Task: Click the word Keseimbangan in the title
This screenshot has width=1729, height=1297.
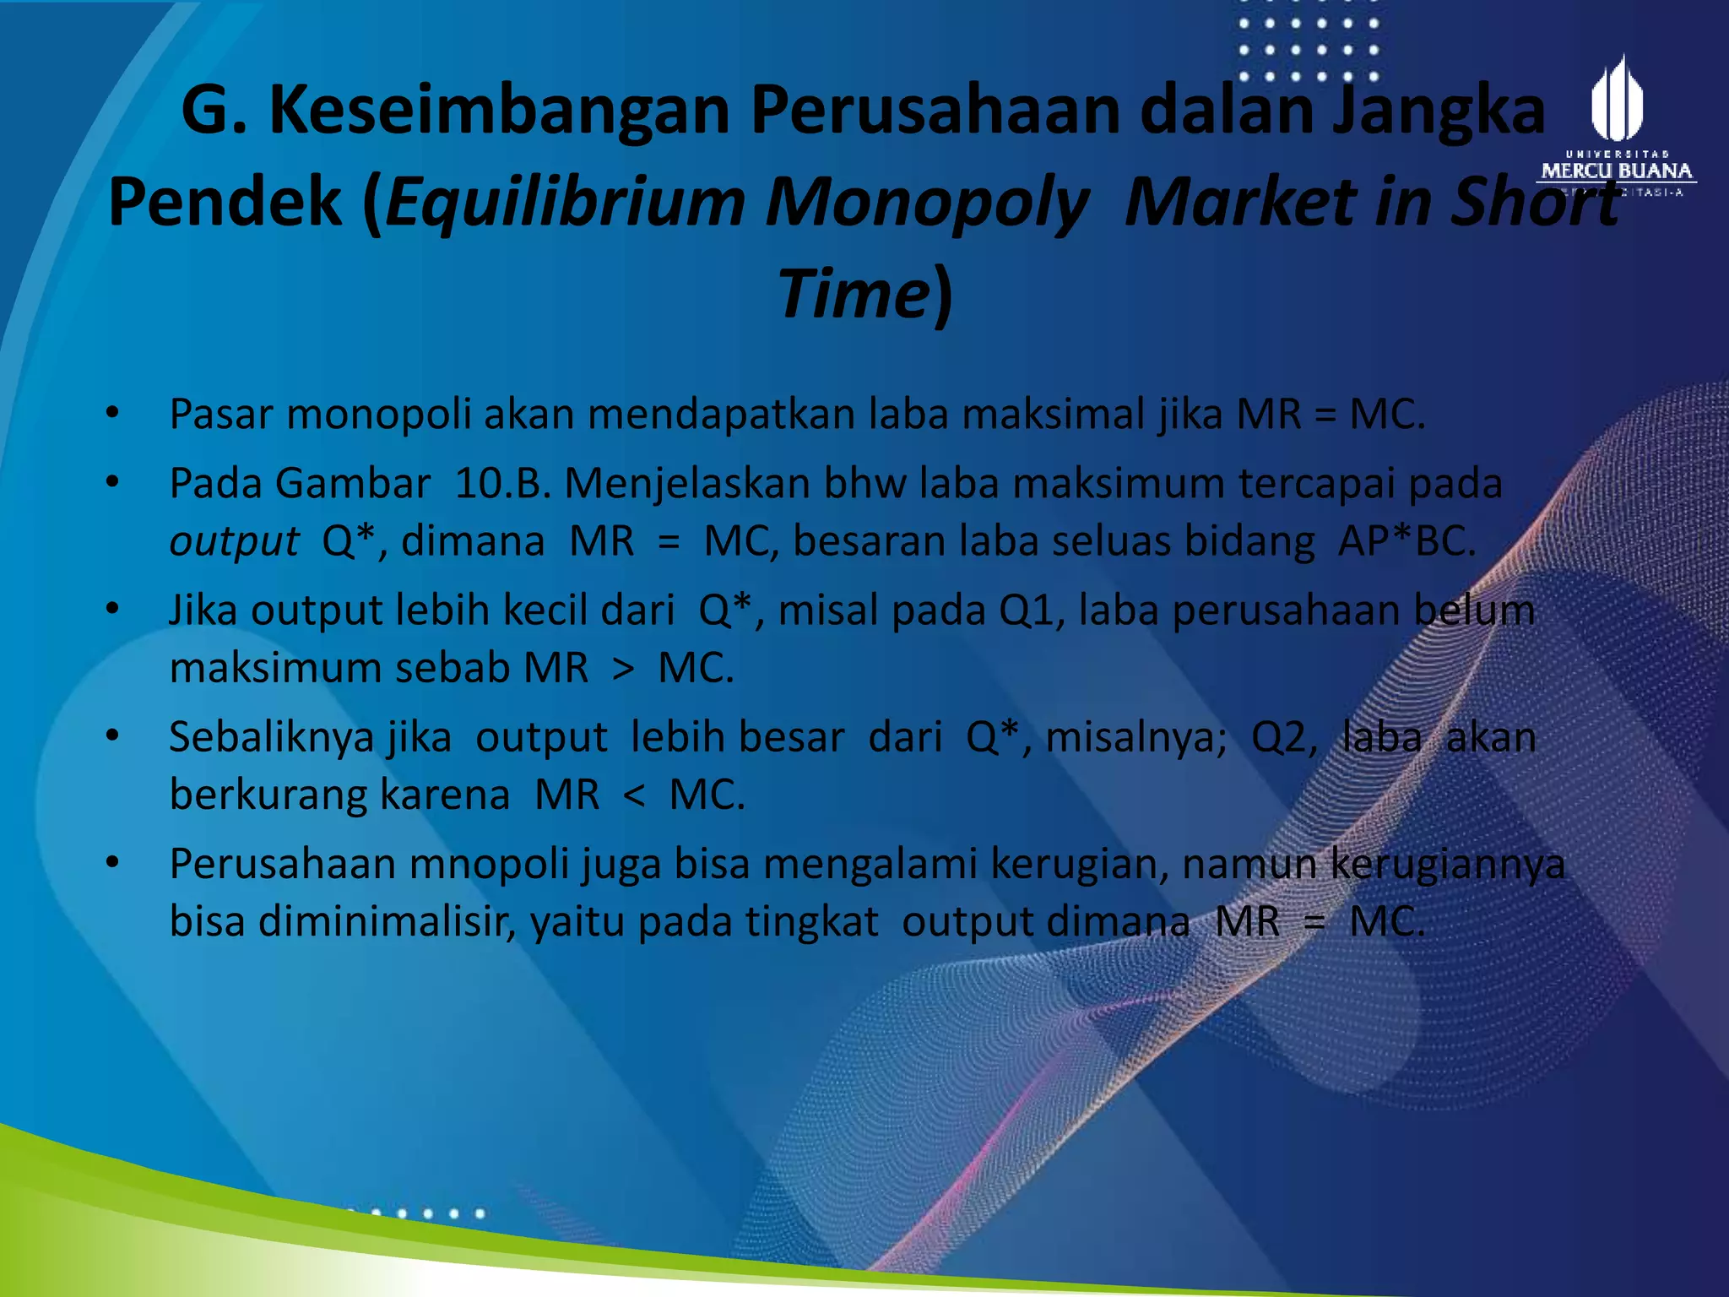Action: [499, 111]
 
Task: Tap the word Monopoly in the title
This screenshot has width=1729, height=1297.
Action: [926, 203]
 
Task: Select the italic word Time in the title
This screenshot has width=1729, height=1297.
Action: [853, 294]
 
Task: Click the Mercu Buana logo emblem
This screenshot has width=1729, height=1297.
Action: [1616, 100]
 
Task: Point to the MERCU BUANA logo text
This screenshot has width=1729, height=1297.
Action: [1616, 171]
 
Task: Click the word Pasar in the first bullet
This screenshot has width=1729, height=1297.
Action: [220, 415]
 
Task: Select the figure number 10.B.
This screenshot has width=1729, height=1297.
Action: [502, 484]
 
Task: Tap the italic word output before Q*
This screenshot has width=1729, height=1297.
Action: [234, 542]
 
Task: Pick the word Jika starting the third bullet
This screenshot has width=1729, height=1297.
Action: [203, 611]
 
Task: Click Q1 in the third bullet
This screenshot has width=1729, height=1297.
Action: [1024, 611]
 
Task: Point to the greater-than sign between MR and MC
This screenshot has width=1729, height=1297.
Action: [623, 669]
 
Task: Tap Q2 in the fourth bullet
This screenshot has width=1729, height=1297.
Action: [1282, 737]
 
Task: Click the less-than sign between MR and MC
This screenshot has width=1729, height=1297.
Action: [634, 795]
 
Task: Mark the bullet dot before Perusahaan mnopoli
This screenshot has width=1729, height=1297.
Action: [113, 862]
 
